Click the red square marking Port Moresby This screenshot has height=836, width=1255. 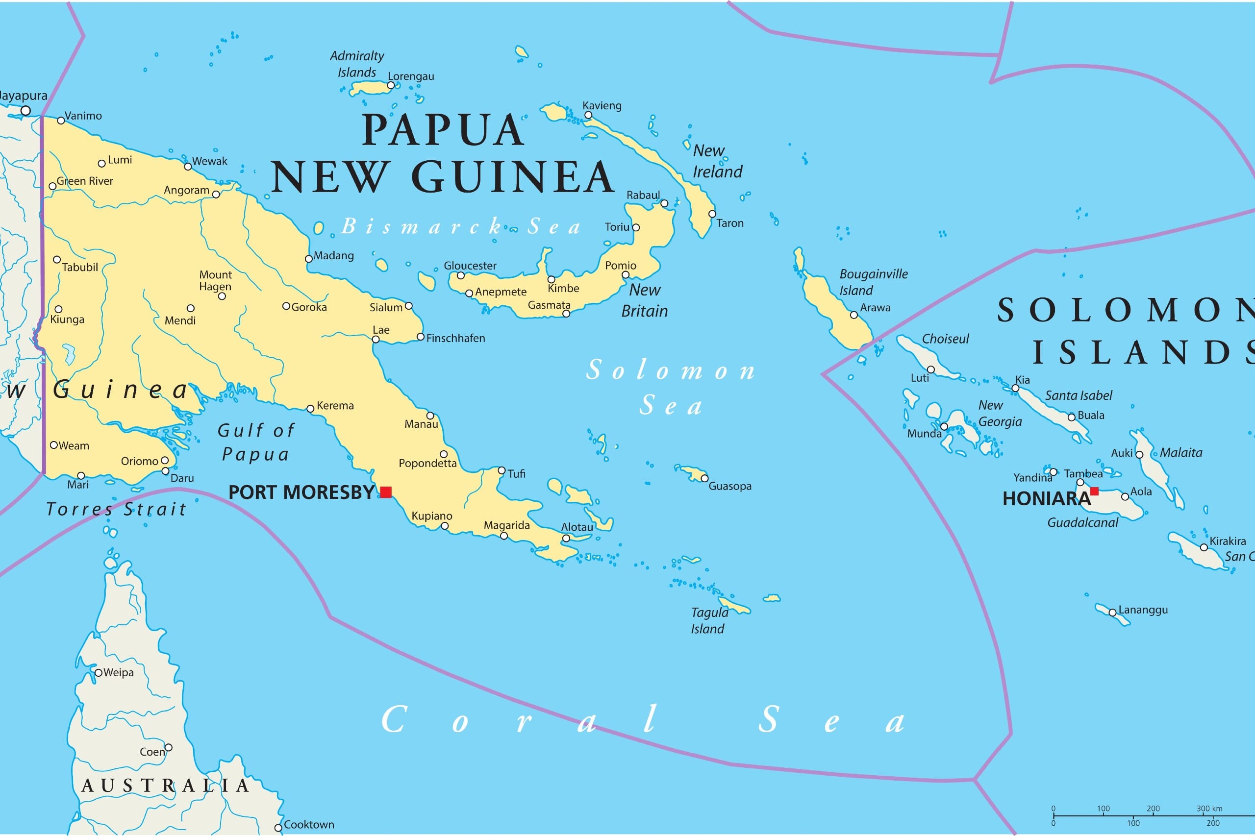(386, 492)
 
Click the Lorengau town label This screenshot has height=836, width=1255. (411, 76)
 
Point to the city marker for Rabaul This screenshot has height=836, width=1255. (664, 203)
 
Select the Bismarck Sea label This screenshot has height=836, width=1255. (460, 226)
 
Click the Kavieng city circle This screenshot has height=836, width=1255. (588, 115)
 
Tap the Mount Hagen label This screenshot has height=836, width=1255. (216, 280)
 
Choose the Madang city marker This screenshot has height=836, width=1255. (308, 259)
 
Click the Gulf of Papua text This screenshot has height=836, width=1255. (255, 442)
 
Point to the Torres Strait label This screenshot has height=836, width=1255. (116, 509)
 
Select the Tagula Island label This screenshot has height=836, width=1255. (709, 620)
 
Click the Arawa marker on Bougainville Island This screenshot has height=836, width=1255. (853, 315)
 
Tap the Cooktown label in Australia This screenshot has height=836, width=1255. (309, 824)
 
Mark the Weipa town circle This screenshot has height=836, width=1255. (98, 673)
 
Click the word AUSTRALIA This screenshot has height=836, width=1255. (165, 786)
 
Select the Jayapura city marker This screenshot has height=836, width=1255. (25, 110)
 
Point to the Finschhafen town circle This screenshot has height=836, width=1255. (420, 337)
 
